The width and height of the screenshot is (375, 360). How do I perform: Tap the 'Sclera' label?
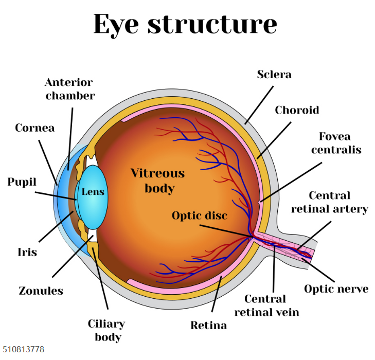point(274,75)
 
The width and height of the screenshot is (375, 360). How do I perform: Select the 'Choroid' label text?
point(297,110)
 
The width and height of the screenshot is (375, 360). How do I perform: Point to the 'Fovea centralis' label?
point(336,143)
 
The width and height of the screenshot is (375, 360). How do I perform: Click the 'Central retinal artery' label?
point(330,202)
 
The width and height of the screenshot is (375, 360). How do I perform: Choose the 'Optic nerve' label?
point(336,289)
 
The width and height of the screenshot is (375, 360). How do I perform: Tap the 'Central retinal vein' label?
point(266,305)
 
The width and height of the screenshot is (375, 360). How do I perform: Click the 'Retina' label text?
point(208,326)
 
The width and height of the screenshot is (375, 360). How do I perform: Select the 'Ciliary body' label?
point(106,330)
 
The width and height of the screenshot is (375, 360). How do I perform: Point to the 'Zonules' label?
point(41,291)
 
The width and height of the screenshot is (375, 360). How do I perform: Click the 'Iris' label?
point(27,252)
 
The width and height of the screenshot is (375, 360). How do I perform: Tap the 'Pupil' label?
point(22,182)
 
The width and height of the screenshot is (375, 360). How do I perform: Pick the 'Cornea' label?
point(35,128)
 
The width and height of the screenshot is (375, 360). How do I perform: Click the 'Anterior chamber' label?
point(69,89)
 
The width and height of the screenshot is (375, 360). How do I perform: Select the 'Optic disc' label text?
point(200,215)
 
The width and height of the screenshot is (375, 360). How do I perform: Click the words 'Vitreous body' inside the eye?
point(158,181)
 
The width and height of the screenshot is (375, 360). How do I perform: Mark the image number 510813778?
point(24,349)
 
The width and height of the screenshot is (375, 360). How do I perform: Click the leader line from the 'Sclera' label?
point(259,105)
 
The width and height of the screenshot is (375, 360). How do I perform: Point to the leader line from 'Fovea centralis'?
point(291,182)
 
